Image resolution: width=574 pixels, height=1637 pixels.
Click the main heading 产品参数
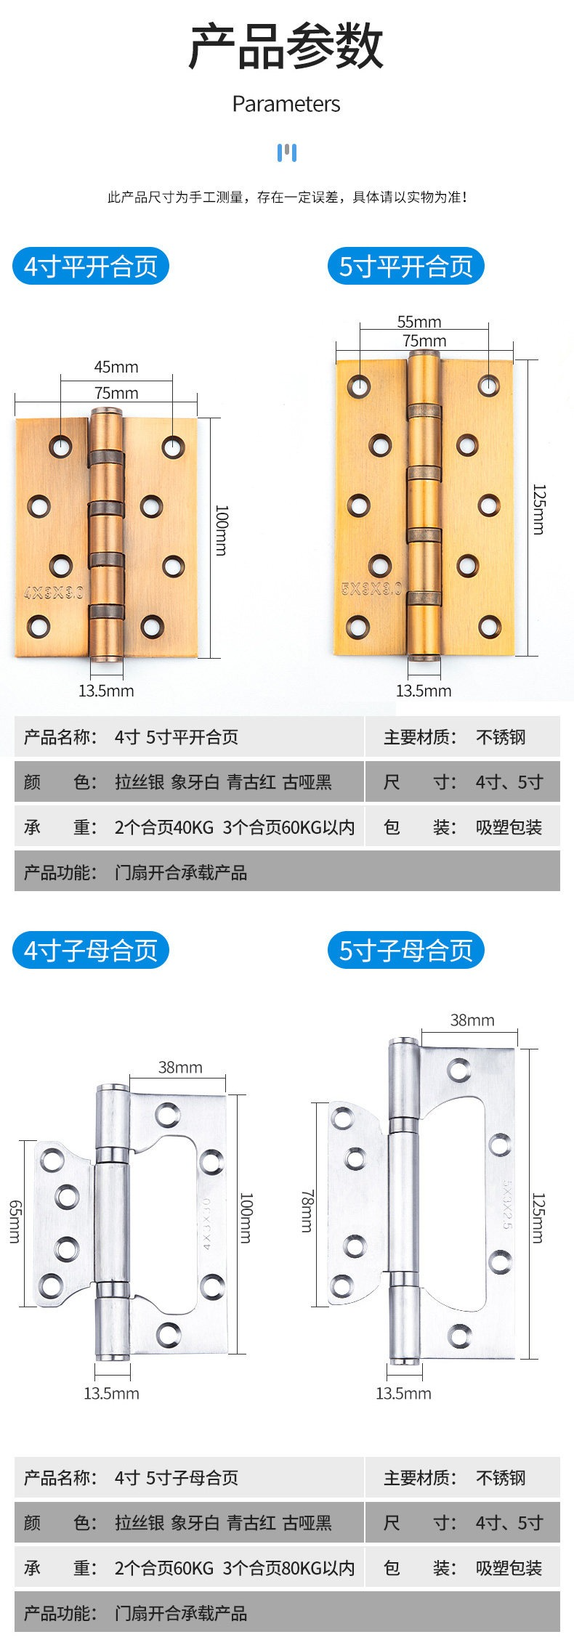286,46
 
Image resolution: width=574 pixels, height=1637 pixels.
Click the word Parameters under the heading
286,104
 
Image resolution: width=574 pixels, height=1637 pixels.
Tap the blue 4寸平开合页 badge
91,267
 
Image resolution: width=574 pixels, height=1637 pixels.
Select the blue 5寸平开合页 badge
406,267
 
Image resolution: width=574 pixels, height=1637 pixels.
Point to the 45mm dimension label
116,367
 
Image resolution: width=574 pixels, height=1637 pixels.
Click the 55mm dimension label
419,322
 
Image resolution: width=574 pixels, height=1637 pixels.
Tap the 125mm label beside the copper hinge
538,509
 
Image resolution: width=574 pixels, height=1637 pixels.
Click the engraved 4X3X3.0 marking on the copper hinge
54,593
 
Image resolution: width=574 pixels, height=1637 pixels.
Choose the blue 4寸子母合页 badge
91,950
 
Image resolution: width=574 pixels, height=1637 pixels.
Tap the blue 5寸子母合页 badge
406,950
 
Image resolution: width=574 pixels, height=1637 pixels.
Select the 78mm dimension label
307,1211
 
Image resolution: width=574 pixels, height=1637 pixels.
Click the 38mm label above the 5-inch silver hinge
472,1020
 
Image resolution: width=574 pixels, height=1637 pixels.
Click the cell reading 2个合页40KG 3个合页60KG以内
234,827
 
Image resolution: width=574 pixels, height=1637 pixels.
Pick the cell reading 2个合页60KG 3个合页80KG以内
234,1568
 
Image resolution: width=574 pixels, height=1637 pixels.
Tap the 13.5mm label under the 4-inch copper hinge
106,691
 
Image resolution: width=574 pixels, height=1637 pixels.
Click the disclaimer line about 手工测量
287,197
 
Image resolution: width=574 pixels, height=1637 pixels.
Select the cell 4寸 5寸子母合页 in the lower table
177,1478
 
